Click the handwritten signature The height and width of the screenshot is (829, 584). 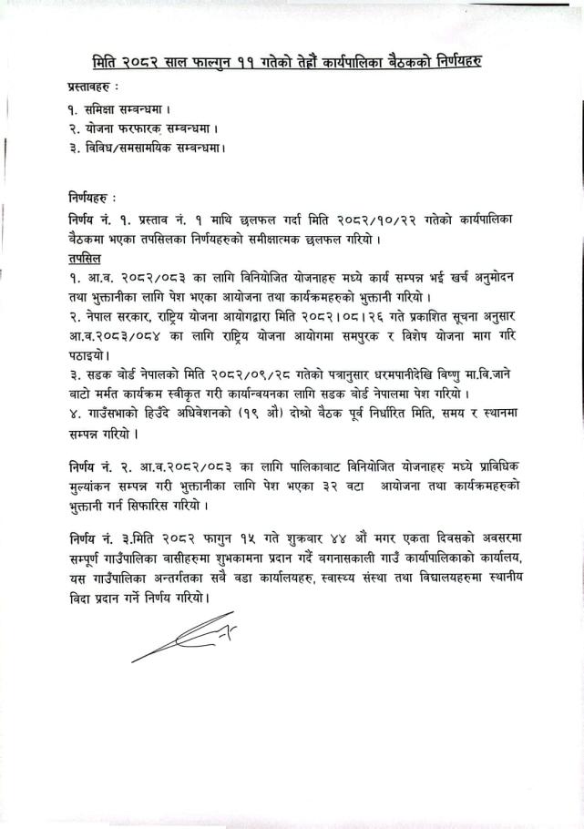[x=183, y=637]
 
